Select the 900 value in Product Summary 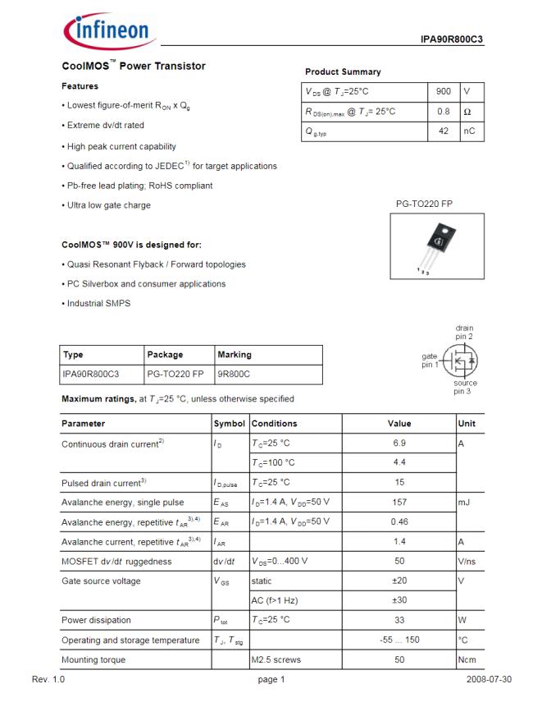tap(444, 91)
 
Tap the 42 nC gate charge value tap(444, 131)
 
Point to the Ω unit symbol tap(467, 112)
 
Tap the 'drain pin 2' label tap(464, 333)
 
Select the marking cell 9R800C tap(233, 374)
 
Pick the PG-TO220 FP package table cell tap(175, 374)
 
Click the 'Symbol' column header tap(230, 424)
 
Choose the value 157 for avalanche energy tap(399, 502)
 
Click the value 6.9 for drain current tap(399, 443)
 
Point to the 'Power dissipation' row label tap(97, 620)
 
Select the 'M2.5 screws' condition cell tap(276, 659)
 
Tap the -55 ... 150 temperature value tap(399, 640)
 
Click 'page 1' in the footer tap(271, 680)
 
